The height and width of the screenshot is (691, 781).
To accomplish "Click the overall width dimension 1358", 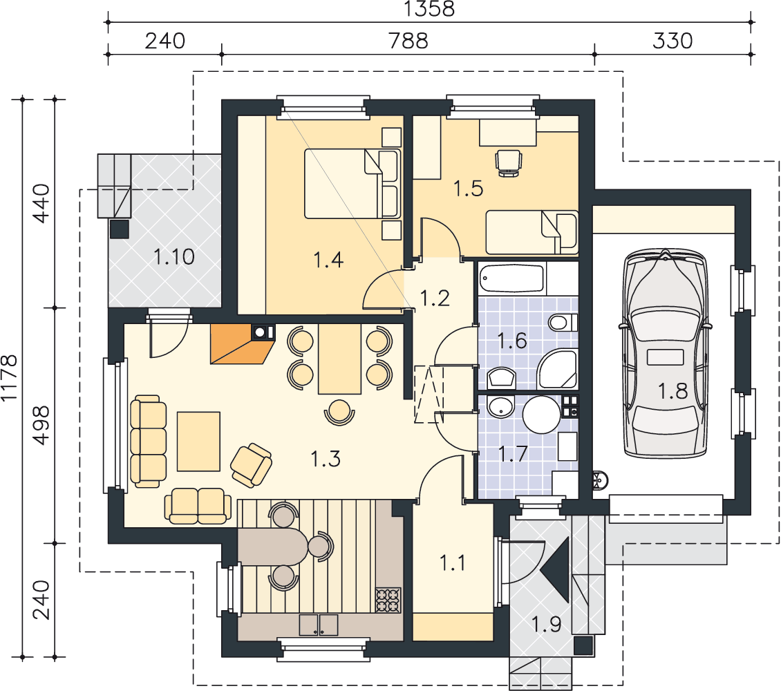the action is (429, 9).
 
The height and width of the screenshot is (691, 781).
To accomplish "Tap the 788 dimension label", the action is (408, 41).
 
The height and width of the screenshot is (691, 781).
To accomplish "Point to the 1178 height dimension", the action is (10, 378).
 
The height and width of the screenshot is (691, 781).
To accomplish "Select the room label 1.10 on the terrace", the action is (174, 257).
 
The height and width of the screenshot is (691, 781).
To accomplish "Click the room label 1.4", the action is (328, 260).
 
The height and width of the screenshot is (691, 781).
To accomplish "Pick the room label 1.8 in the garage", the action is (673, 391).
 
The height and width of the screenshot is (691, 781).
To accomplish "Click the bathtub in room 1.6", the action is (512, 278).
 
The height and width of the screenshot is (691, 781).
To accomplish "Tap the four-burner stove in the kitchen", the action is (388, 600).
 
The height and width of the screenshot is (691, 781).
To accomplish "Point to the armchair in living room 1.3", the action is (252, 465).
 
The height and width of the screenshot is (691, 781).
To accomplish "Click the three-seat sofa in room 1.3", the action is (148, 441).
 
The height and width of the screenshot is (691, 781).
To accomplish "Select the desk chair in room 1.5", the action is (509, 164).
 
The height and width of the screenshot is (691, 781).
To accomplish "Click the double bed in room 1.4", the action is (352, 184).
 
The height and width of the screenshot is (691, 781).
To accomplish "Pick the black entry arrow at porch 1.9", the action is (558, 570).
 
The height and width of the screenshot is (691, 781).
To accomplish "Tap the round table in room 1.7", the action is (541, 415).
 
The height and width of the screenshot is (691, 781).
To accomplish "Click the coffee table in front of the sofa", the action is (198, 441).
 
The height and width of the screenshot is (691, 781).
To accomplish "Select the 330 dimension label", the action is (672, 41).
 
